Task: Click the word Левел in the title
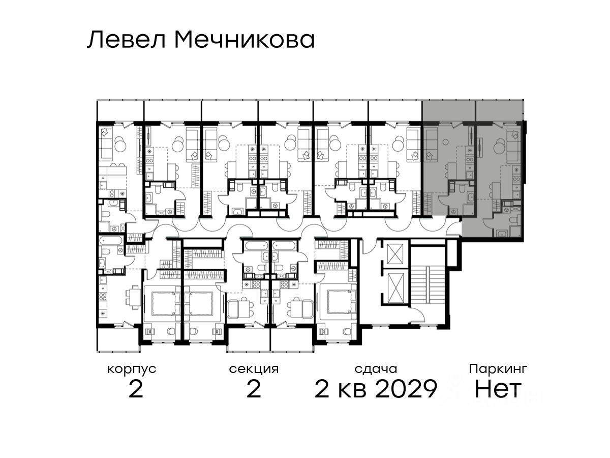[127, 40]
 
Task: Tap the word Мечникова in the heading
[245, 40]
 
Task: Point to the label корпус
[132, 369]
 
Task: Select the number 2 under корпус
[136, 389]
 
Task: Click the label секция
[254, 369]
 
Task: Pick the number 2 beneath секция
[254, 389]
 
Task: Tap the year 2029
[406, 389]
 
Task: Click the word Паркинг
[498, 369]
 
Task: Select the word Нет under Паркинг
[498, 389]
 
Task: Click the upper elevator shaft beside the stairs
[395, 254]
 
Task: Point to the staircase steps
[428, 283]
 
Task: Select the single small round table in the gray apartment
[445, 142]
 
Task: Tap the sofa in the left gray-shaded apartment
[431, 145]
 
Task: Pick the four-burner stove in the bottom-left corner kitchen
[103, 297]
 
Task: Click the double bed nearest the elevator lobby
[338, 301]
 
